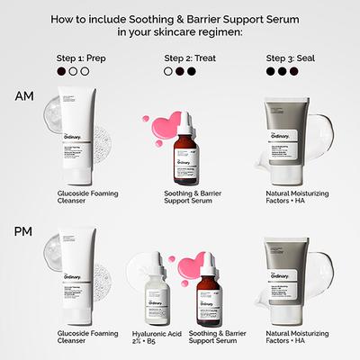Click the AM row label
point(25,96)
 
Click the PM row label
point(25,232)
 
